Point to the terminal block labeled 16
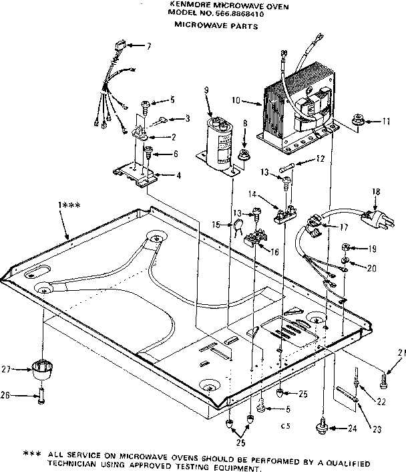254,239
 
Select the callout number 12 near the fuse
320,158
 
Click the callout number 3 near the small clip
188,118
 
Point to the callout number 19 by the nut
373,249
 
